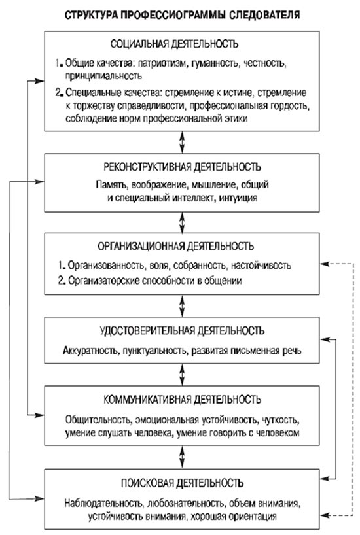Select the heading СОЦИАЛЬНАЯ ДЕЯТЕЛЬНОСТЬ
point(174,44)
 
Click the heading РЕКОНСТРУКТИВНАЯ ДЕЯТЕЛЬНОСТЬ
point(174,165)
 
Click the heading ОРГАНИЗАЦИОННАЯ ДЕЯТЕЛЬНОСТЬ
point(174,247)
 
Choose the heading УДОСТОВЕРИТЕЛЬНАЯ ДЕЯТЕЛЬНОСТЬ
point(174,328)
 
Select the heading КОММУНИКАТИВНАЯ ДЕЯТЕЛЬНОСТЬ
point(174,400)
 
